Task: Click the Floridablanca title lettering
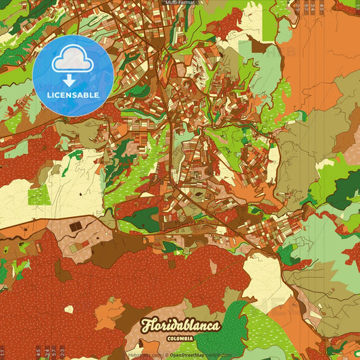[x=180, y=326]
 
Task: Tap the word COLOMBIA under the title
[x=180, y=338]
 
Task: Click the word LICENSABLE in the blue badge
[x=73, y=95]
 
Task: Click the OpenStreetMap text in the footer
[x=187, y=355]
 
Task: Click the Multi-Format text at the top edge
[x=180, y=3]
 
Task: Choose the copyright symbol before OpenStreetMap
[x=166, y=355]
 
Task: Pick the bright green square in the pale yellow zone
[x=38, y=195]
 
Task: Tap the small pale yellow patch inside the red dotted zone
[x=68, y=309]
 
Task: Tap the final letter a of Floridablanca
[x=214, y=327]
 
